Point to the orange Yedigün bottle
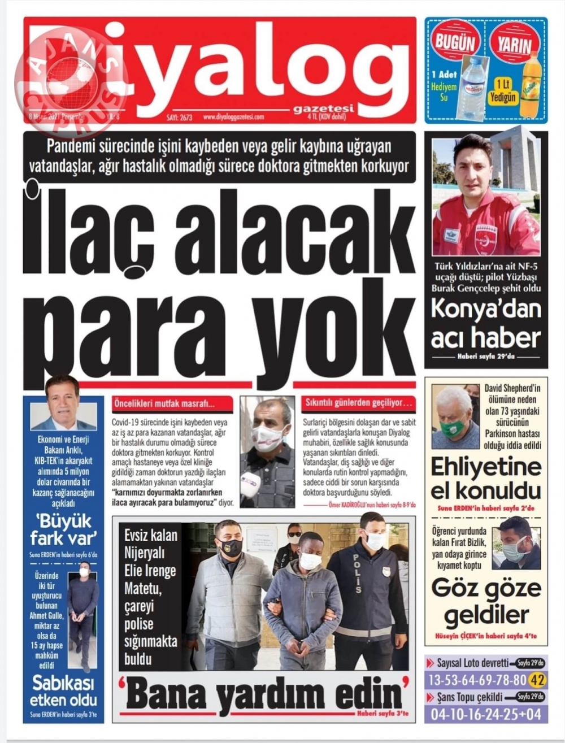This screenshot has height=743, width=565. point(530,85)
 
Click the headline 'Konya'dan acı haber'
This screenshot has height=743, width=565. point(486,324)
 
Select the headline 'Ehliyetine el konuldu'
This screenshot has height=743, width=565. point(486,478)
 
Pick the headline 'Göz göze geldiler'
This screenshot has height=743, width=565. point(486,601)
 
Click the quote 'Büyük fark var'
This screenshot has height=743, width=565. point(63,529)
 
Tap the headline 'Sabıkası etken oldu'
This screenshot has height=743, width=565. point(63,692)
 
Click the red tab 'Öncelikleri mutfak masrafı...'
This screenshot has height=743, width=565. point(172,404)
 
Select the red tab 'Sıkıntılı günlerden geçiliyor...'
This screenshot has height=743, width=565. point(358,404)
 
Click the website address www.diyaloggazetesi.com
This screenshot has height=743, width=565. point(233,117)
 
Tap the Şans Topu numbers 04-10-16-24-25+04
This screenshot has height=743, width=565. point(486,714)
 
